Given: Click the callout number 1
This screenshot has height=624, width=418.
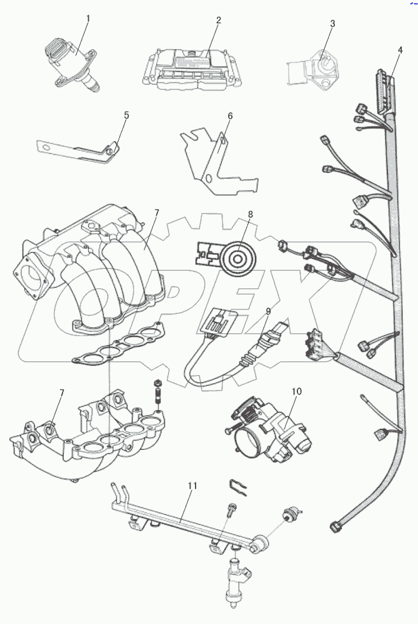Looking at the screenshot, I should (87, 18).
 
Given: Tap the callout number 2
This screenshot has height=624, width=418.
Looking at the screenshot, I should (218, 21).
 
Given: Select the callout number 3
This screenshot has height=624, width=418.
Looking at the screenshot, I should (332, 24).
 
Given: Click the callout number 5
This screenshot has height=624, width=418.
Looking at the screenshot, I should (126, 115).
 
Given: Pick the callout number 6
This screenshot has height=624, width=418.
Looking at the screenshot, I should (229, 116).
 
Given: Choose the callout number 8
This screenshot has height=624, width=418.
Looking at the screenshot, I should (250, 215).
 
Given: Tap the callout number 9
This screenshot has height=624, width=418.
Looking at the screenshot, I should (268, 310).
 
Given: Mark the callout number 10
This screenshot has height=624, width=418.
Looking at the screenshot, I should (296, 392).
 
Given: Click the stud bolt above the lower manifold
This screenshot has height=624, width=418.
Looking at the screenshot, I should (157, 392).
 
